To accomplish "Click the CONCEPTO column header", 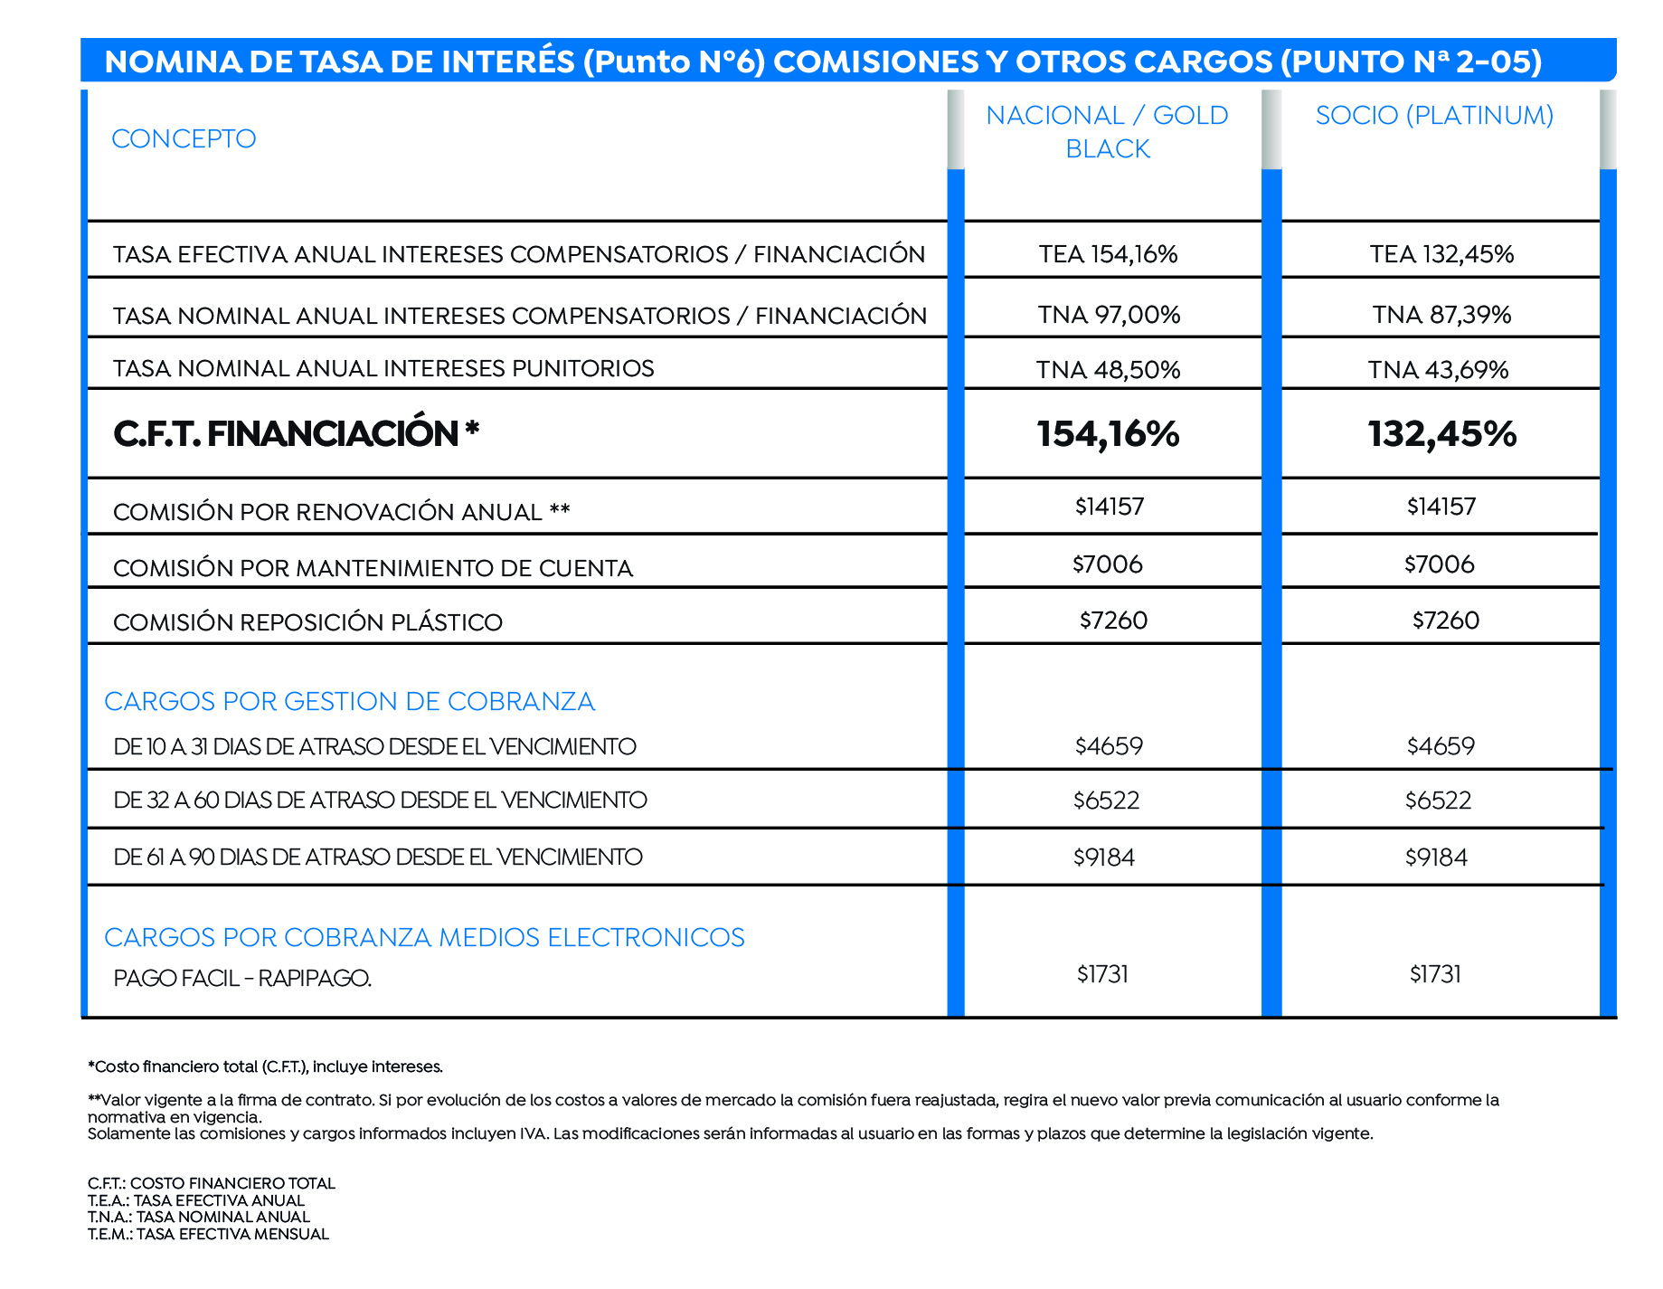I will pyautogui.click(x=184, y=138).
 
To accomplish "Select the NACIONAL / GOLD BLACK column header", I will pyautogui.click(x=1107, y=132).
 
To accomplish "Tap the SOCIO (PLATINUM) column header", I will pyautogui.click(x=1434, y=116).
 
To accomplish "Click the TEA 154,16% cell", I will pyautogui.click(x=1108, y=254).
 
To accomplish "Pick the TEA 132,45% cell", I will pyautogui.click(x=1441, y=254).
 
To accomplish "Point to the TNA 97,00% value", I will pyautogui.click(x=1109, y=315).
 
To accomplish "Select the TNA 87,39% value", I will pyautogui.click(x=1441, y=315).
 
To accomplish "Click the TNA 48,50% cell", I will pyautogui.click(x=1108, y=370).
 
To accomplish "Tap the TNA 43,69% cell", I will pyautogui.click(x=1438, y=370).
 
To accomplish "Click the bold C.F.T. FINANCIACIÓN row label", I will pyautogui.click(x=296, y=434).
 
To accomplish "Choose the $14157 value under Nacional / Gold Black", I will pyautogui.click(x=1110, y=507).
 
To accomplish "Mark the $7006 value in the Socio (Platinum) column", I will pyautogui.click(x=1439, y=564).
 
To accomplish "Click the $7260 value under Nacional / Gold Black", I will pyautogui.click(x=1113, y=621).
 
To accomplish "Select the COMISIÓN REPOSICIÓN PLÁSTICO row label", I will pyautogui.click(x=307, y=622).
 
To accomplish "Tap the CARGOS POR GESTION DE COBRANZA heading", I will pyautogui.click(x=349, y=702).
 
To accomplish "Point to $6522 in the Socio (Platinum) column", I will pyautogui.click(x=1438, y=801).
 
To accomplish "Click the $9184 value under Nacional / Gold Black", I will pyautogui.click(x=1104, y=858).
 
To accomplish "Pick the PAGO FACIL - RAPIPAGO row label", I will pyautogui.click(x=242, y=979).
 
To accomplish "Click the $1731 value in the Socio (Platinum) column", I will pyautogui.click(x=1435, y=974).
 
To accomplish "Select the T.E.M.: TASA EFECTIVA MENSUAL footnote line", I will pyautogui.click(x=208, y=1234).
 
